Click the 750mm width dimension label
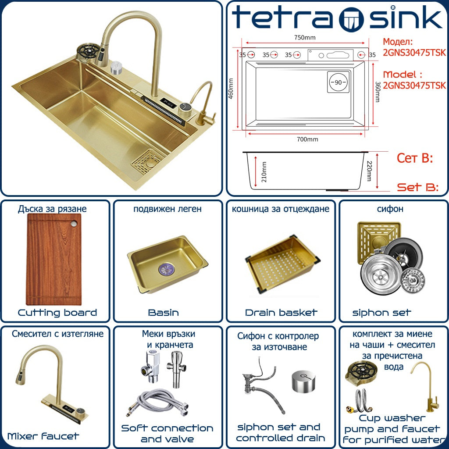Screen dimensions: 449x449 coord(305,38)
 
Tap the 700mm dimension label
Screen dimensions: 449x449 coord(307,139)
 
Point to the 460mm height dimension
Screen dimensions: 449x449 coord(231,89)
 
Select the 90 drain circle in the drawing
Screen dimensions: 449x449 coord(338,82)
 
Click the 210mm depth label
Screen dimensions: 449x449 coord(264,172)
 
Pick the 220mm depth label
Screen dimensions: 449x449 coord(369,171)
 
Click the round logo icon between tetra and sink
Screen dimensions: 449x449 coord(351,20)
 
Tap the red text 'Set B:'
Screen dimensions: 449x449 coord(417,187)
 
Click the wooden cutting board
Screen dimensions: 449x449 coord(53,260)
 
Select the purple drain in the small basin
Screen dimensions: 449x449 coord(166,270)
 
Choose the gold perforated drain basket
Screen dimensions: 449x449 coord(282,265)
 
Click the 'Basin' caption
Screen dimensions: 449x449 coord(164,312)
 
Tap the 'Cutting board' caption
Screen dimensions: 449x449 coord(57,313)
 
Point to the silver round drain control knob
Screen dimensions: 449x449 coord(303,381)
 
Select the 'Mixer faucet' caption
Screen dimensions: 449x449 coord(43,436)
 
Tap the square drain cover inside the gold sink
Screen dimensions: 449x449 coord(148,162)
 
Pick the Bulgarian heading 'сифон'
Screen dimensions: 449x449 coord(390,209)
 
